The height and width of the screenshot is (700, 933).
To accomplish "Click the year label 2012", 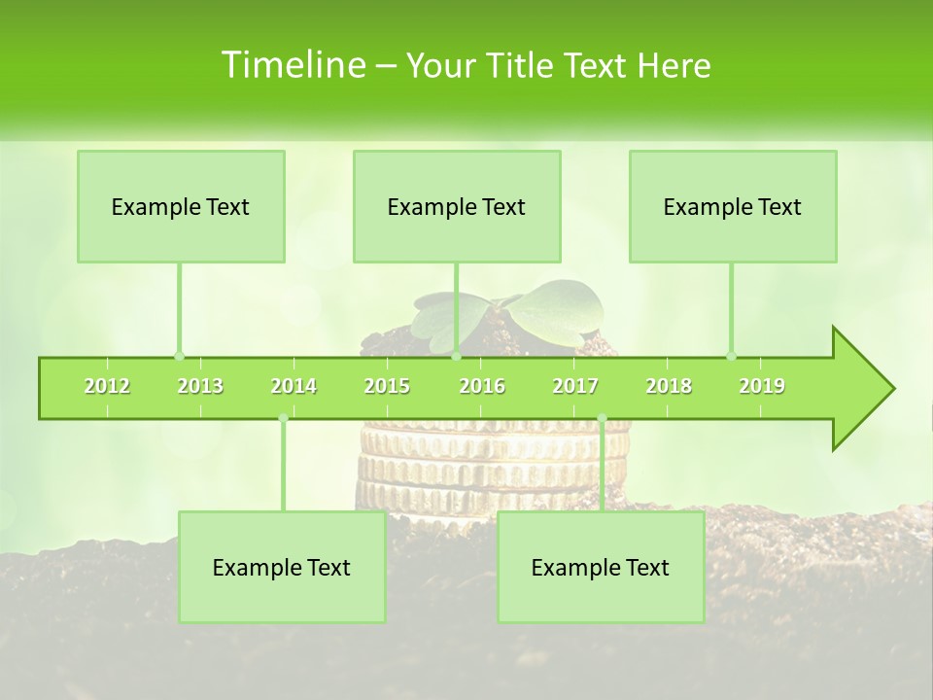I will pos(107,386).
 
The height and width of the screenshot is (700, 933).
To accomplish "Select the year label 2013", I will pos(200,386).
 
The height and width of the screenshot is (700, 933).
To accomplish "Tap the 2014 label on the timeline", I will pos(294,386).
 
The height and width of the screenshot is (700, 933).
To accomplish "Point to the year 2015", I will pos(387,386).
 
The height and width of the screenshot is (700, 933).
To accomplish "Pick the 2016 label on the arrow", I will pos(482,386).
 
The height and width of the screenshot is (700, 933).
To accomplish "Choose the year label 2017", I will pos(575,386).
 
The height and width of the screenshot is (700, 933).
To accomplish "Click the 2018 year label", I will pos(669,386).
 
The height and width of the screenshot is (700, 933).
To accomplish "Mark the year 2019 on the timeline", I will pos(762,386).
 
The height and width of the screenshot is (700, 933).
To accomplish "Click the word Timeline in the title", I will pos(292,65).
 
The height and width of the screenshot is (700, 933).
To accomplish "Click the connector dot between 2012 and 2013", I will pos(179,357).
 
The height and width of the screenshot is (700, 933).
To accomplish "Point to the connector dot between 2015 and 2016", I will pos(457,357).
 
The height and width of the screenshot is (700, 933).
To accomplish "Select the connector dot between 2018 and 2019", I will pos(731,357).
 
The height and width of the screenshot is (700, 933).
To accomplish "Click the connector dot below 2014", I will pos(283,418).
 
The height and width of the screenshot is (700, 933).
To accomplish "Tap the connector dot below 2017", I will pos(602,418).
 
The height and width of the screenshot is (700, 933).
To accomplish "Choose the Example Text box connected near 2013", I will pos(181,206).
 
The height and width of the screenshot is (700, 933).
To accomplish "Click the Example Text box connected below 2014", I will pos(282,567).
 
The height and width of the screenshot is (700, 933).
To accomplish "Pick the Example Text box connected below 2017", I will pos(601,567).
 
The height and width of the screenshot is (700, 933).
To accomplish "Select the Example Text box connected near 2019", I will pos(733,206).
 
